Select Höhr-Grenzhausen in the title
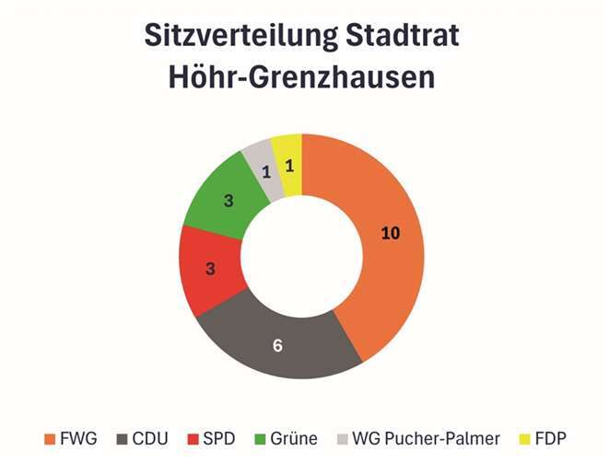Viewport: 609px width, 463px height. [302, 78]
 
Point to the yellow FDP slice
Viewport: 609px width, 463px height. [288, 164]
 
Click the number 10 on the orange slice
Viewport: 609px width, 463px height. [391, 234]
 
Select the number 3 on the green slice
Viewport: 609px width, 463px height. [228, 200]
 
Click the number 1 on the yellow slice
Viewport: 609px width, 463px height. [288, 166]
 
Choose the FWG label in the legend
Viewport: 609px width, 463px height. [80, 438]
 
